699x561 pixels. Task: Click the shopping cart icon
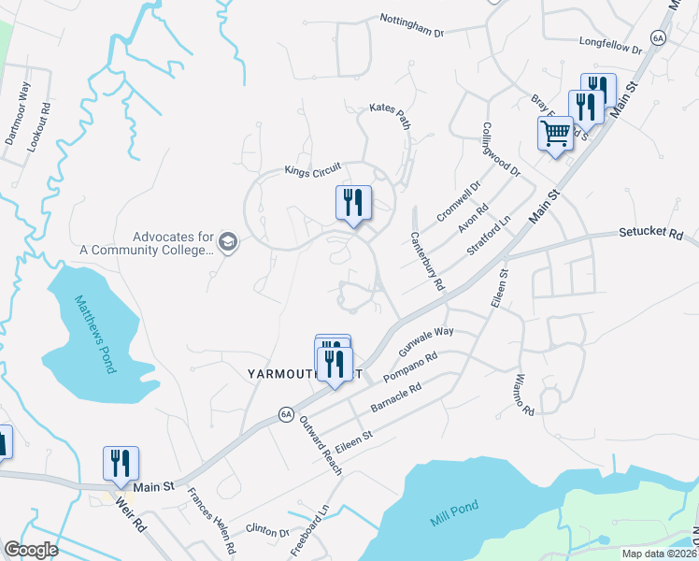coord(555,135)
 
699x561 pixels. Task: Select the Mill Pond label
coord(452,507)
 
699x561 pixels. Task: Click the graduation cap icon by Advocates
coord(228,243)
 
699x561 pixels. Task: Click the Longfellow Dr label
coord(611,44)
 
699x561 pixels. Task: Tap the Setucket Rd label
coord(650,234)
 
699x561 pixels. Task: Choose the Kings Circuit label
coord(313,171)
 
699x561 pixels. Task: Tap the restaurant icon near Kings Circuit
coord(353,203)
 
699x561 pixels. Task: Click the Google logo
coord(32,550)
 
